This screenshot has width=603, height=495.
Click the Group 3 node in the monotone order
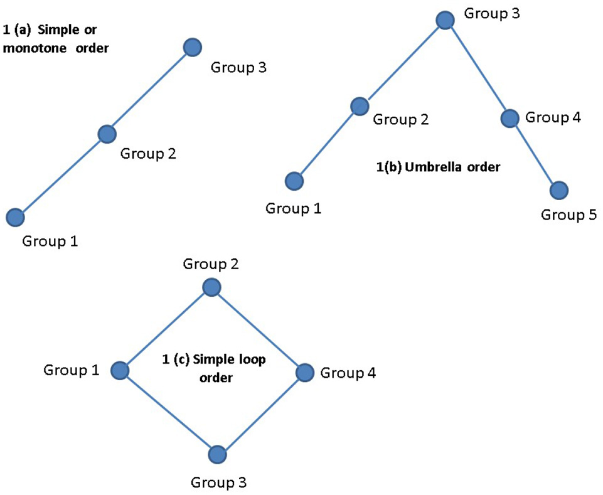click(x=193, y=47)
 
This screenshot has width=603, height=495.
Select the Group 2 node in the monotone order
click(x=107, y=133)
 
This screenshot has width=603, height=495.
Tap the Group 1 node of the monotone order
click(x=15, y=217)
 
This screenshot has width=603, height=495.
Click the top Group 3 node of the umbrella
click(x=445, y=20)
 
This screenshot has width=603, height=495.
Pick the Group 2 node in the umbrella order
click(x=359, y=106)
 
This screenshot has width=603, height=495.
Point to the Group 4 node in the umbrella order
click(x=510, y=117)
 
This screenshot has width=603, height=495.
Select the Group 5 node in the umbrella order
click(x=558, y=189)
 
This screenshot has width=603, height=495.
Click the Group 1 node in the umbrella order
click(x=294, y=181)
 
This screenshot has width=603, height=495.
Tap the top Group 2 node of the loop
click(x=211, y=287)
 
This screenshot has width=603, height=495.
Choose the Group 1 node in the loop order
click(x=119, y=371)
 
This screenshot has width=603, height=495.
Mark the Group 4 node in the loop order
click(x=304, y=373)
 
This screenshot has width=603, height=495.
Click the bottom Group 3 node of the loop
click(x=216, y=454)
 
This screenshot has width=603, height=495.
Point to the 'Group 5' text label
click(x=568, y=215)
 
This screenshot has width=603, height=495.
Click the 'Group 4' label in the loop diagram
click(x=348, y=373)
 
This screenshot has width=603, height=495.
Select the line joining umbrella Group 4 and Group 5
click(x=534, y=154)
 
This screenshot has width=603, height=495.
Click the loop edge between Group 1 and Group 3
click(x=168, y=412)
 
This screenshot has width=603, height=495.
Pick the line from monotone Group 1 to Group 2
click(x=61, y=175)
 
